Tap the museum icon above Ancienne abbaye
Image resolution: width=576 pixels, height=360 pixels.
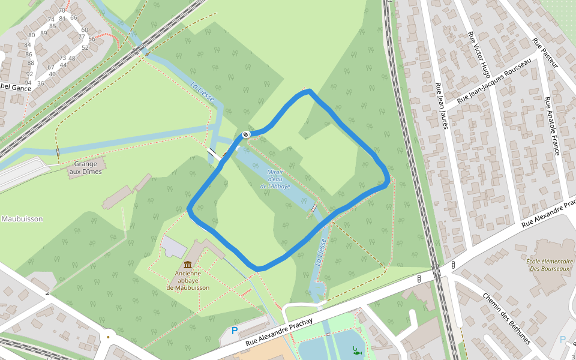click(188, 265)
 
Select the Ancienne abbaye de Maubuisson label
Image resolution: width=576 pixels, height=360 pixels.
click(188, 280)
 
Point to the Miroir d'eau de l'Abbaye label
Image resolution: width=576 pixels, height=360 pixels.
click(275, 179)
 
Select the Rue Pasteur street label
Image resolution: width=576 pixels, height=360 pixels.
click(545, 53)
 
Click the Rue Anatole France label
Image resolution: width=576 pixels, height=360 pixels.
click(551, 125)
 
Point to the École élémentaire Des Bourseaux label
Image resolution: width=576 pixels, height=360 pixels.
click(550, 265)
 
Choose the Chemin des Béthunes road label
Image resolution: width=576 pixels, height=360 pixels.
click(506, 319)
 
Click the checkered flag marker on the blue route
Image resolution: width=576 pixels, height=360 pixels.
click(246, 134)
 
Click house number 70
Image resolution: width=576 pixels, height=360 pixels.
click(62, 11)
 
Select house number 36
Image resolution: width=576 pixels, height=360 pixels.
click(41, 83)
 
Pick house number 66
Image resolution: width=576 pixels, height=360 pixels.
click(74, 17)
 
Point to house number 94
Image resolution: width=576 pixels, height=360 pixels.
click(28, 83)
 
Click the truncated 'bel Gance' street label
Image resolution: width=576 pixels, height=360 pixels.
click(16, 88)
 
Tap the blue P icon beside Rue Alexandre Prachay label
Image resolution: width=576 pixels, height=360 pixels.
click(235, 331)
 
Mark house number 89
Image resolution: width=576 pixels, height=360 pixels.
click(44, 33)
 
